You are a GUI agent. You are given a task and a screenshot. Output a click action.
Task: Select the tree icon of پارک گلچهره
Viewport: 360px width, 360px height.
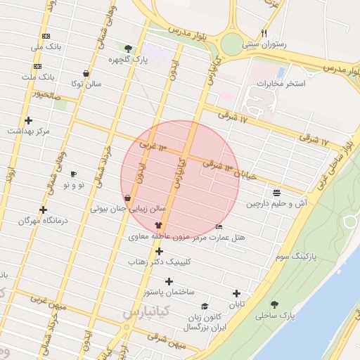[x=128, y=49]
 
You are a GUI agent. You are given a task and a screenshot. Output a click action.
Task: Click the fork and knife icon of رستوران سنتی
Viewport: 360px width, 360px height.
[x=264, y=33]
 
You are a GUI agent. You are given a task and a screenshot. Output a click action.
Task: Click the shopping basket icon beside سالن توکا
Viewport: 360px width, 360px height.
[x=86, y=73]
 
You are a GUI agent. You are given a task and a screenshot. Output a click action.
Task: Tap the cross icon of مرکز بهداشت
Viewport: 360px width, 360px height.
[x=28, y=120]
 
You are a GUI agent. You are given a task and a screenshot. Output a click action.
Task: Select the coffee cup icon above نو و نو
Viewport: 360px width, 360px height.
[x=73, y=174]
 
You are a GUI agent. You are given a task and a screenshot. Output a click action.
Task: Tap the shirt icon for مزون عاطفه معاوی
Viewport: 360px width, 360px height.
[x=148, y=224]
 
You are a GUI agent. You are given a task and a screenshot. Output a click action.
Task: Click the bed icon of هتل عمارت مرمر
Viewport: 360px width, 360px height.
[x=219, y=227]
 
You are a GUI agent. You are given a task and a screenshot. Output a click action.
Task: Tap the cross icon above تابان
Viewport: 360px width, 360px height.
[x=236, y=294]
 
